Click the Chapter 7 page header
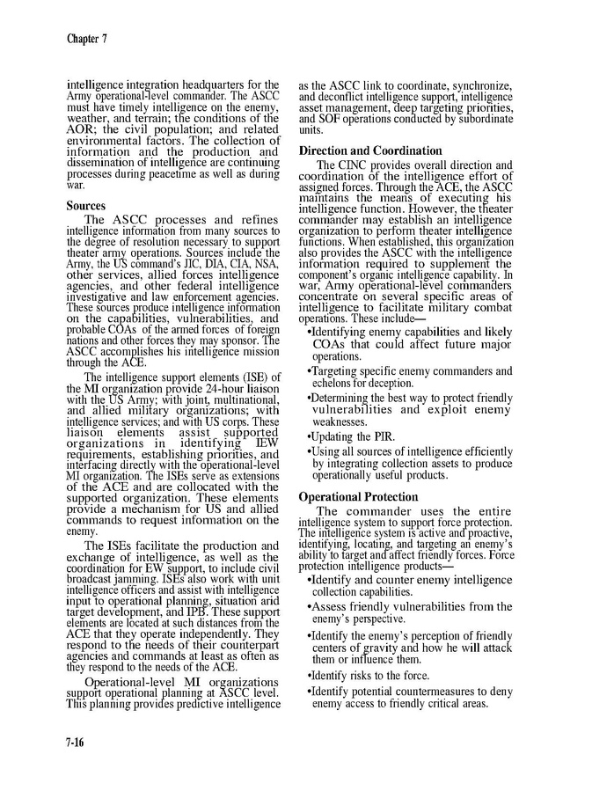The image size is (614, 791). tap(86, 38)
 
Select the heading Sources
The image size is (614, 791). tap(86, 206)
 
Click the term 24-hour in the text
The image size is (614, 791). tap(220, 389)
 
